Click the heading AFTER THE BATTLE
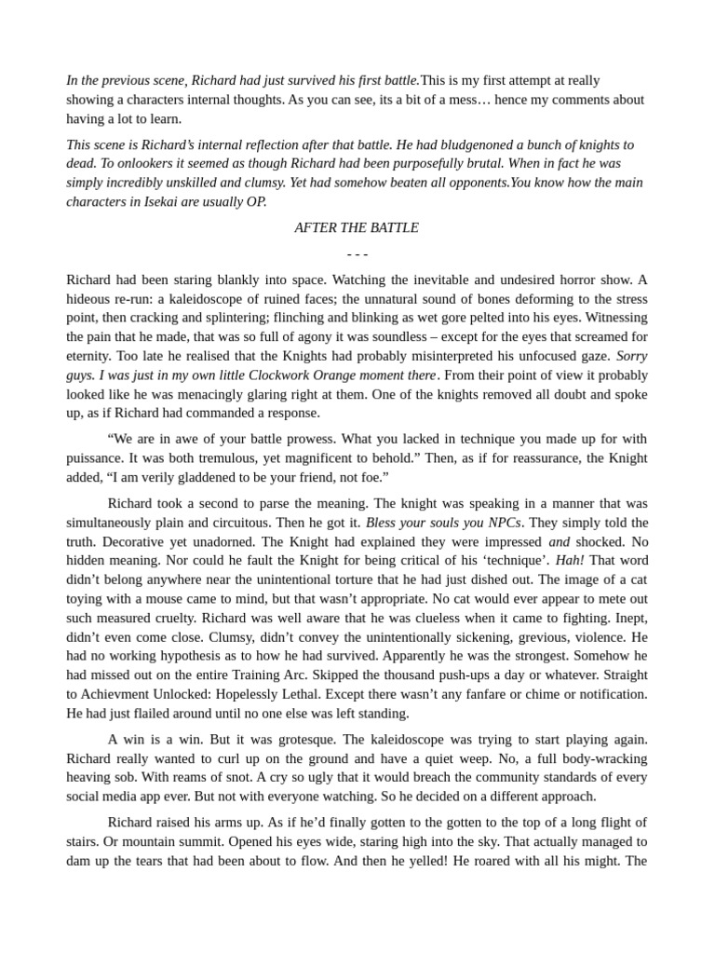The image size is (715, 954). pos(357,227)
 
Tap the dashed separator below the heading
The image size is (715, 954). pos(357,253)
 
